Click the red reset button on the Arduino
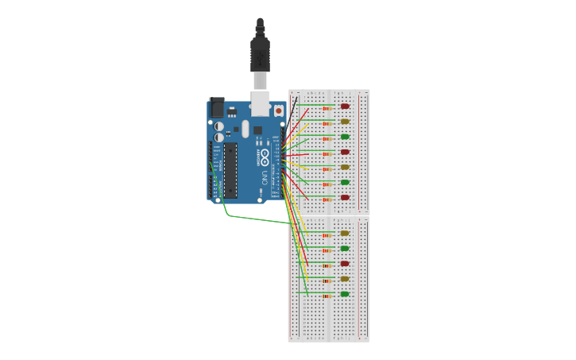click(x=278, y=110)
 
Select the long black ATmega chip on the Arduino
click(x=231, y=169)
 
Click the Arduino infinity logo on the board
click(x=265, y=153)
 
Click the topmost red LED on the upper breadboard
click(x=345, y=106)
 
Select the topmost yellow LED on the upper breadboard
click(x=345, y=122)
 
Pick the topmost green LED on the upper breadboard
click(x=345, y=137)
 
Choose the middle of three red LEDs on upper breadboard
click(x=345, y=152)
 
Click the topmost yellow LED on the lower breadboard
click(x=345, y=233)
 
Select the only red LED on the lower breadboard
click(x=345, y=263)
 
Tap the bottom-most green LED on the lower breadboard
click(x=345, y=293)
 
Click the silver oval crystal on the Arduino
click(x=245, y=128)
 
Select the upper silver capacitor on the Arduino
click(x=218, y=126)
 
